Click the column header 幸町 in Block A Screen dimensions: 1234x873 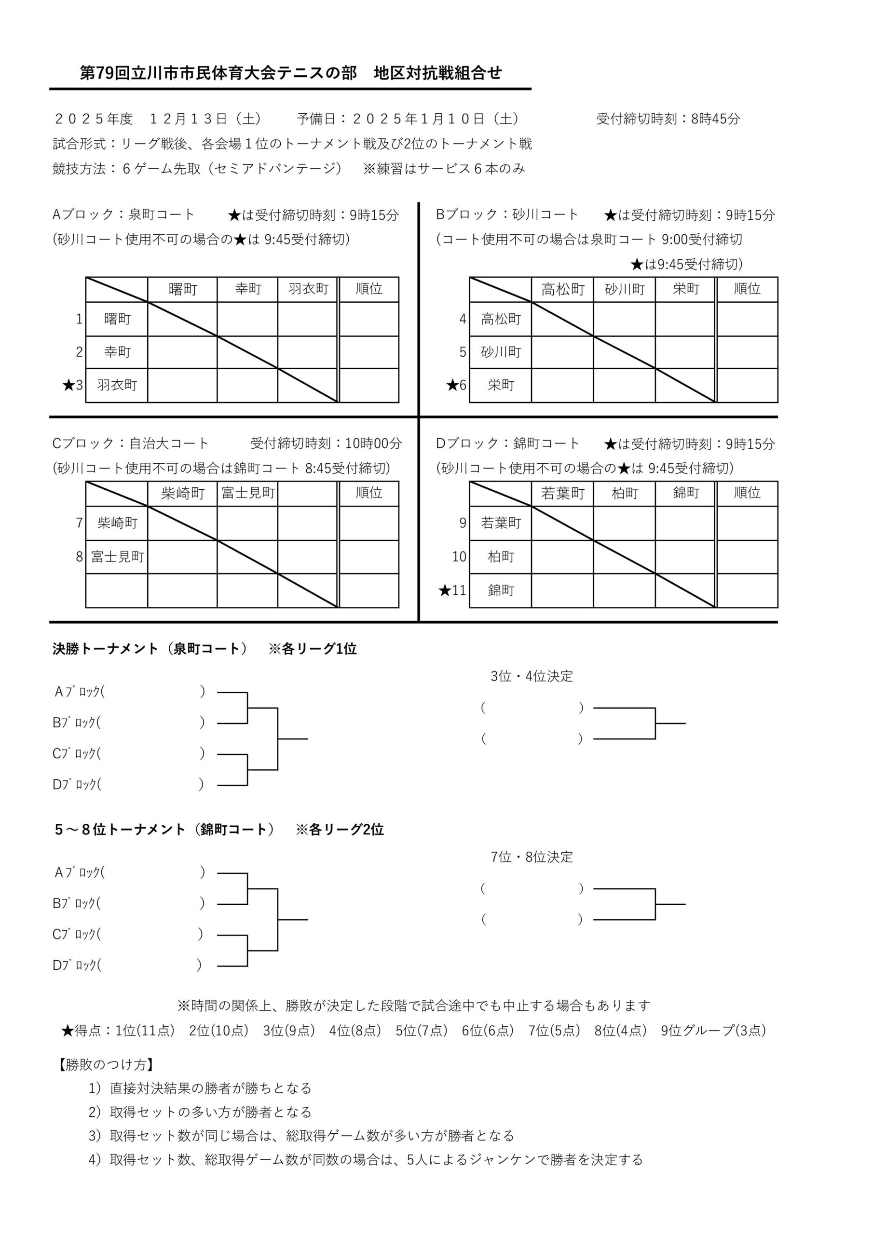tap(248, 289)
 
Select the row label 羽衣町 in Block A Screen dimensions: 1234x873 tap(117, 385)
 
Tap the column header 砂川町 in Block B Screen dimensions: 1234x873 tap(625, 289)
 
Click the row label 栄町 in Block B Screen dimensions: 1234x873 tap(501, 385)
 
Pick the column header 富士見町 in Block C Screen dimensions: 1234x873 tap(248, 493)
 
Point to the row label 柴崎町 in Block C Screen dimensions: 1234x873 tap(117, 523)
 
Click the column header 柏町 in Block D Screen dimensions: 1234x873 tap(625, 493)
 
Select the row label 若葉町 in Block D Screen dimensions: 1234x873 tap(501, 523)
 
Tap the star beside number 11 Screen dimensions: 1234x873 tap(444, 590)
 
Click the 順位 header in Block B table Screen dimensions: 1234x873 tap(747, 289)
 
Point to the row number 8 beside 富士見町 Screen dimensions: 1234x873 tap(79, 556)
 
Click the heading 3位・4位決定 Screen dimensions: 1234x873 tap(532, 676)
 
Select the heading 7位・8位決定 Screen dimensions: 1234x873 tap(532, 857)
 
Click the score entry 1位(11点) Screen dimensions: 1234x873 tap(145, 1030)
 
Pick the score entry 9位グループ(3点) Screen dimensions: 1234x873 tap(713, 1030)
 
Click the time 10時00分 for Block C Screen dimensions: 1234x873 tap(373, 443)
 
